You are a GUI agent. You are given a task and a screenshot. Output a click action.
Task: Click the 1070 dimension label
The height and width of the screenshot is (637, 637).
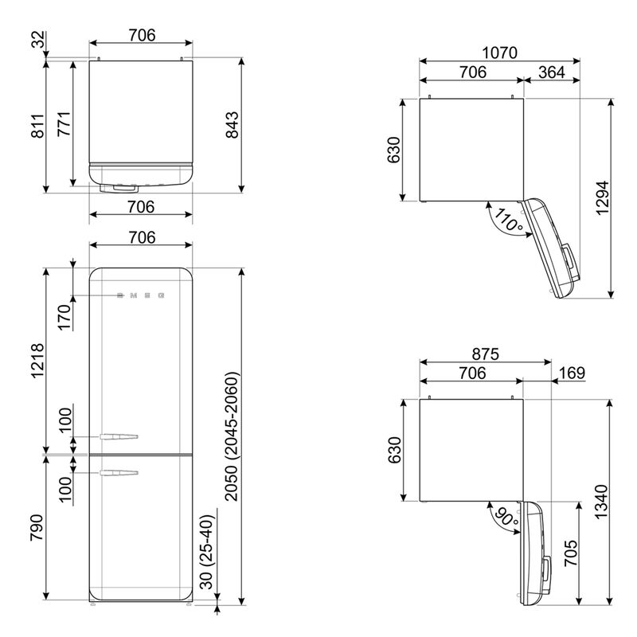coord(499,53)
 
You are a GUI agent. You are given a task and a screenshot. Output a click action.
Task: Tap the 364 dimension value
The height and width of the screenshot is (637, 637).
coord(552,72)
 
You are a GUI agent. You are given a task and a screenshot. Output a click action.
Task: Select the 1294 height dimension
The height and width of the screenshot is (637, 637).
coord(603,198)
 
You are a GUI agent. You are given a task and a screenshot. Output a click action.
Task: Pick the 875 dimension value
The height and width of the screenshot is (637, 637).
coord(485,354)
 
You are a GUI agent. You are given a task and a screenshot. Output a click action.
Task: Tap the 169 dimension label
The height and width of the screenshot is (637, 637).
coord(572,373)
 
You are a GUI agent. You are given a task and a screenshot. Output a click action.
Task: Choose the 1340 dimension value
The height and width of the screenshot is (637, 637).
coord(601,502)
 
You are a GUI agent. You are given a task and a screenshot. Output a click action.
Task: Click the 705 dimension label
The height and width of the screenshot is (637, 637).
coord(571,553)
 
